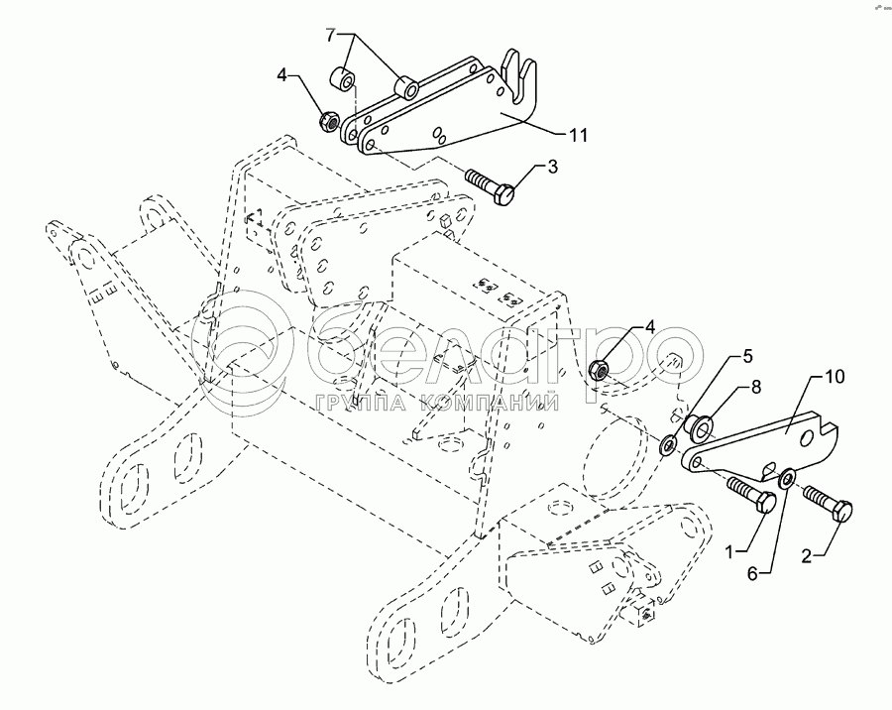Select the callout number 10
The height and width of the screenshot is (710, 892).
(x=834, y=376)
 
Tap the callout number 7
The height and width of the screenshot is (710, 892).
(x=338, y=35)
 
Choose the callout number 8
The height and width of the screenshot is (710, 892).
(x=755, y=388)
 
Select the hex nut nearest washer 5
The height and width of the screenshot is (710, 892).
(x=599, y=370)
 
